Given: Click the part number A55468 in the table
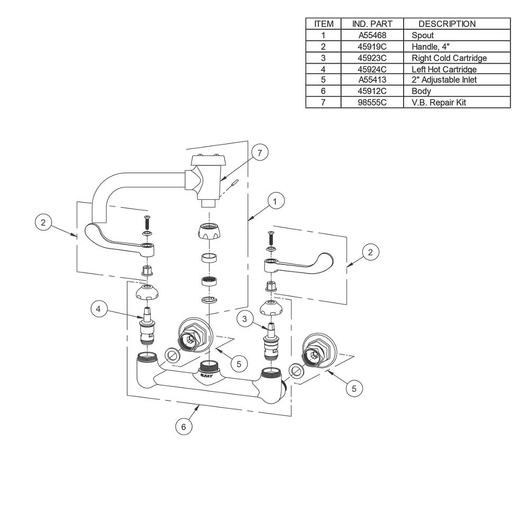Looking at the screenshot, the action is [x=372, y=35].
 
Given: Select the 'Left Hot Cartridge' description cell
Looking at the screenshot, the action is [x=444, y=69].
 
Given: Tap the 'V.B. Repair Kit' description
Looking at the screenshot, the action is [x=439, y=103].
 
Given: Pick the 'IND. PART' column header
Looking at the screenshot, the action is [x=372, y=24].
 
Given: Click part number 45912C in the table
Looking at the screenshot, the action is [x=372, y=91].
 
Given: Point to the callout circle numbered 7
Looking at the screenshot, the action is [x=259, y=153].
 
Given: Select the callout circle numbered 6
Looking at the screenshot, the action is [x=184, y=427].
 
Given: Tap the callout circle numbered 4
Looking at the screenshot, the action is [x=98, y=309].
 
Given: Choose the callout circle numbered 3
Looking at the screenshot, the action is [x=244, y=318].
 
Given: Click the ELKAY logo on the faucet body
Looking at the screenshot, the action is [x=206, y=375].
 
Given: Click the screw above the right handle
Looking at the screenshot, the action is [x=270, y=238].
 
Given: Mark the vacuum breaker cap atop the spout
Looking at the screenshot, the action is [x=206, y=160].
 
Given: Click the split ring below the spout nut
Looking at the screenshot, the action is [x=209, y=299].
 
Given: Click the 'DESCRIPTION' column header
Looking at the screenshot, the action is [x=447, y=24].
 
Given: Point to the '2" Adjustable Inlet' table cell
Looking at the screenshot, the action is [x=444, y=80].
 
